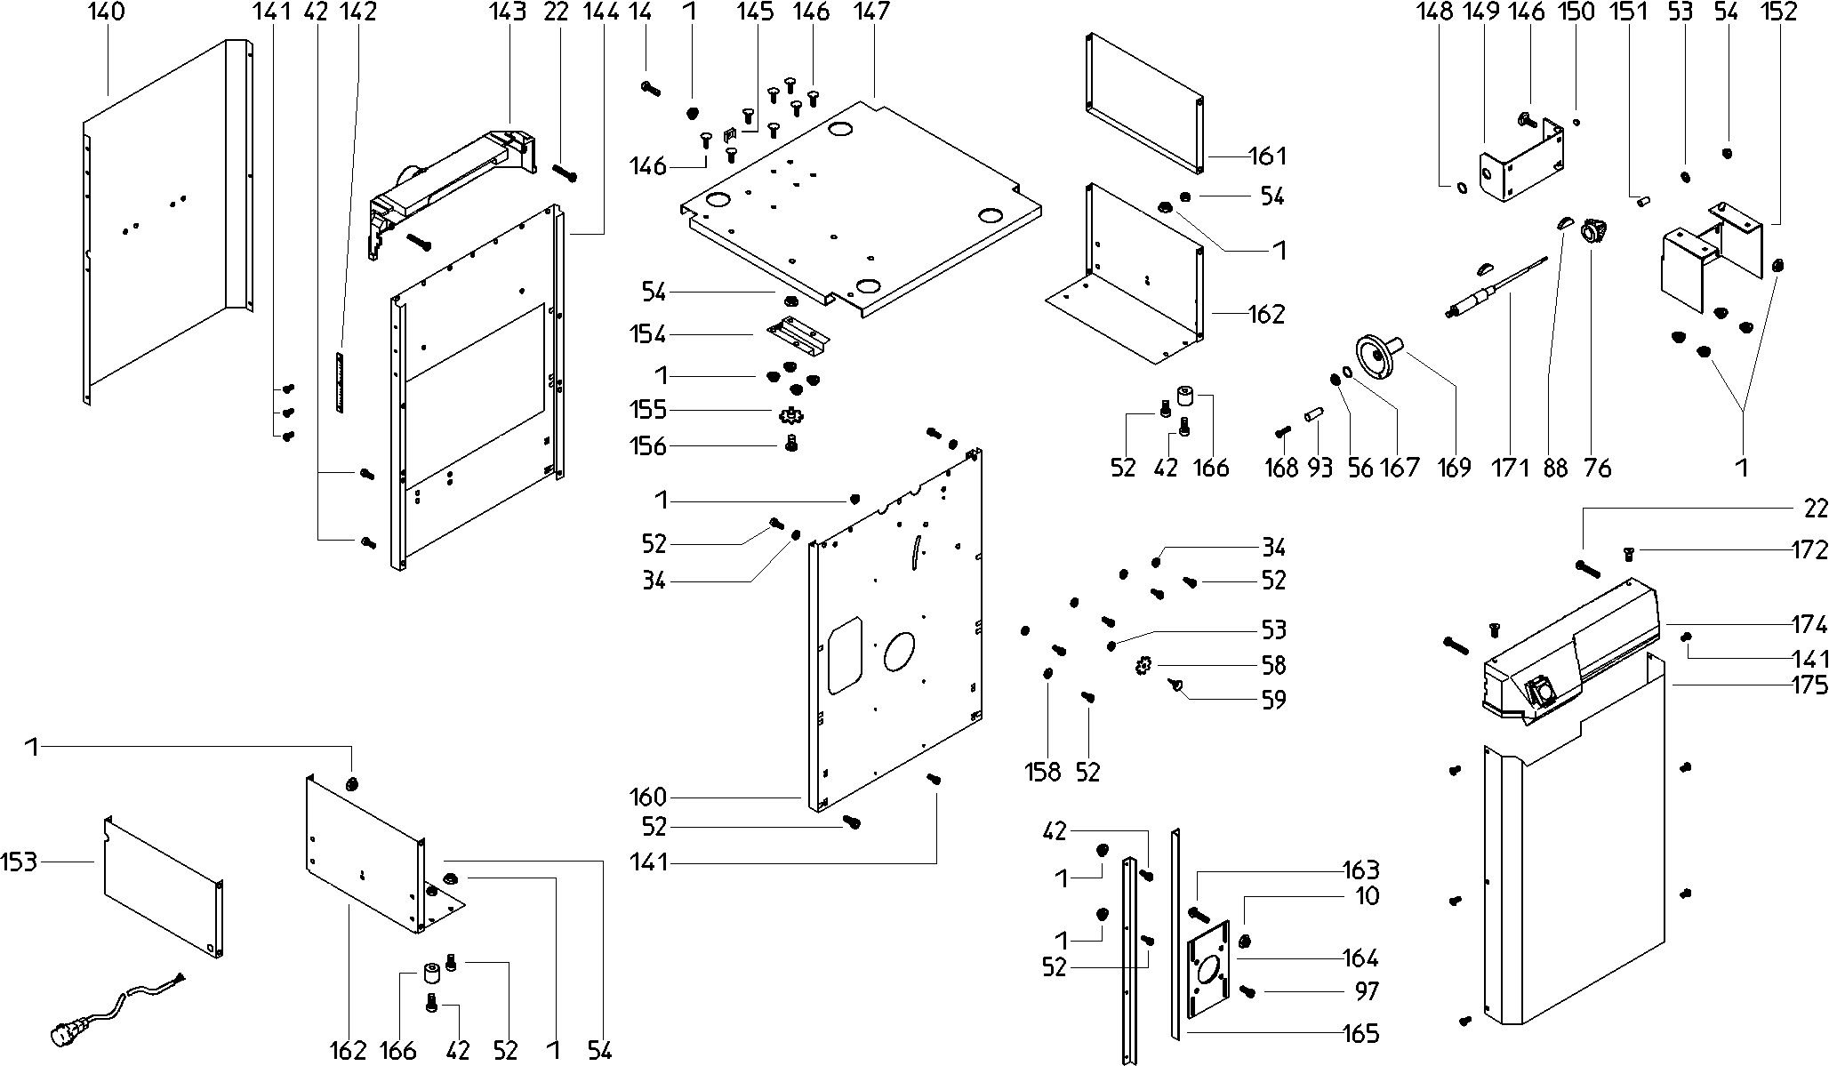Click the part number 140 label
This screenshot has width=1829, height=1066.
pyautogui.click(x=108, y=12)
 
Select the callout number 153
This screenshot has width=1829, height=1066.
pyautogui.click(x=19, y=862)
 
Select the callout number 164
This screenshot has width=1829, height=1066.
pyautogui.click(x=1361, y=958)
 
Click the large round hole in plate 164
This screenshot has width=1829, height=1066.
pyautogui.click(x=1209, y=968)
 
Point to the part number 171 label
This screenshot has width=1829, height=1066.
pyautogui.click(x=1509, y=467)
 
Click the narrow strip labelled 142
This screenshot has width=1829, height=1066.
pyautogui.click(x=339, y=382)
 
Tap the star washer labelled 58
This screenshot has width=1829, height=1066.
pyautogui.click(x=1144, y=665)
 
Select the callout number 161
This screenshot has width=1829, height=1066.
pyautogui.click(x=1268, y=156)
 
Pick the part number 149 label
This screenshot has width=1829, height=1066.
pyautogui.click(x=1485, y=12)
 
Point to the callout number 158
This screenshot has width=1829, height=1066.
pyautogui.click(x=1043, y=771)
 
